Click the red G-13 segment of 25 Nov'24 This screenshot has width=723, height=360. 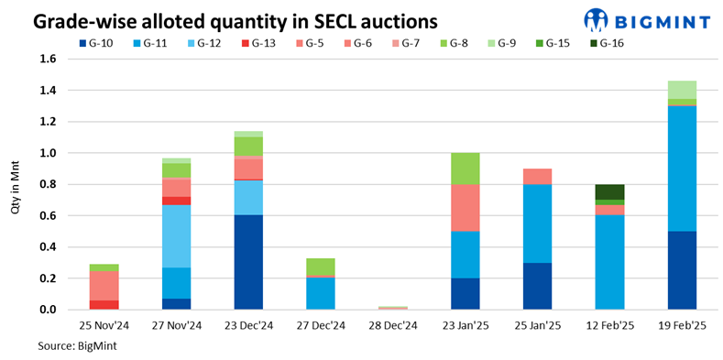tap(104, 304)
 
